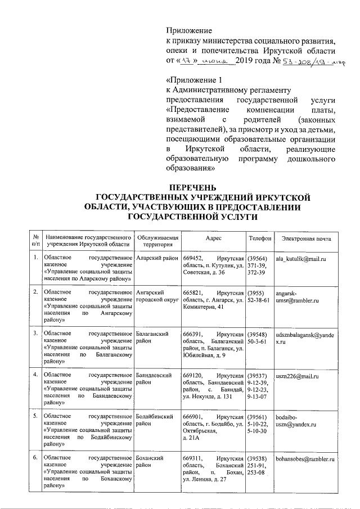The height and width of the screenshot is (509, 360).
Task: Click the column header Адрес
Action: [214, 238]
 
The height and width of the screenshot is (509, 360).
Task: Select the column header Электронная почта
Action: [307, 238]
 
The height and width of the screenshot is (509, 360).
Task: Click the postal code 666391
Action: [193, 334]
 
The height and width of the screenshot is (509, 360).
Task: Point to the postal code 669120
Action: [193, 374]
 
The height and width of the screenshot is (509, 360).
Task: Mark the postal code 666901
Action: [193, 417]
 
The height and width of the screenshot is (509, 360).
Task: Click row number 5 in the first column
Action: [35, 417]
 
